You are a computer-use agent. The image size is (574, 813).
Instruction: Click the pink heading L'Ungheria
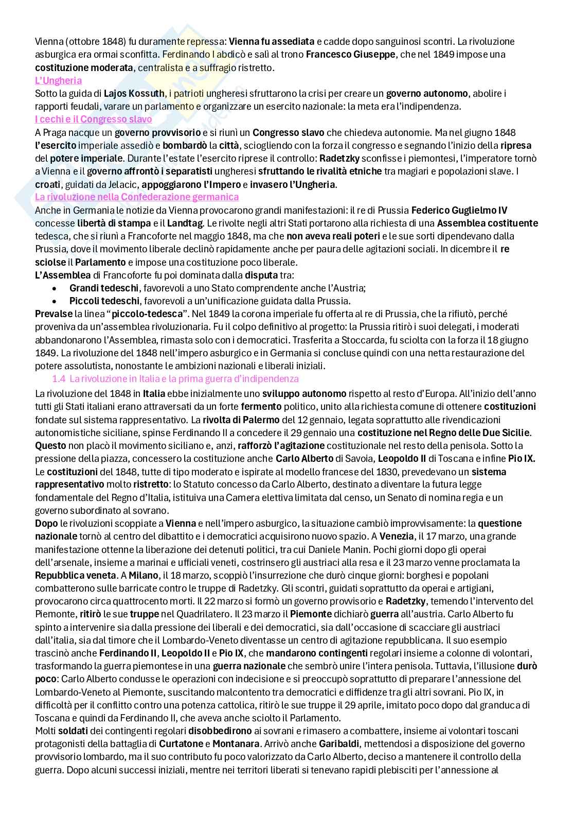coord(58,80)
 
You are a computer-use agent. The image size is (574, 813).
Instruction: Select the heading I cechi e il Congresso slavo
coord(93,119)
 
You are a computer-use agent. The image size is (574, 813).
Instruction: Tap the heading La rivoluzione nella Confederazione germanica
coord(137,197)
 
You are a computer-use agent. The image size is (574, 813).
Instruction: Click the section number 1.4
coord(59,379)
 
